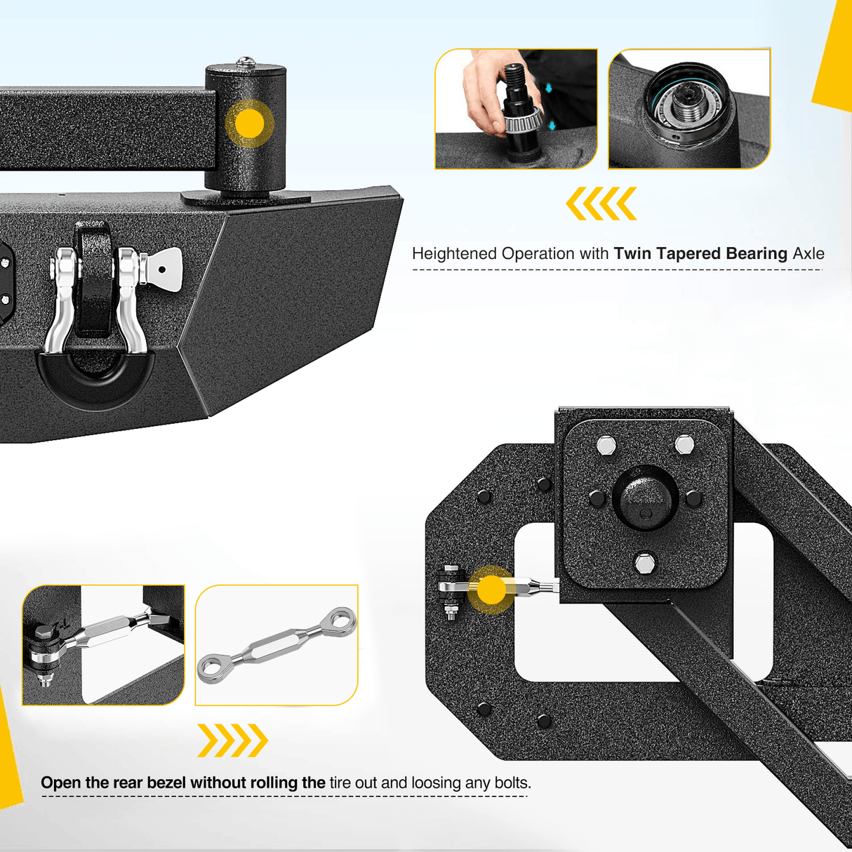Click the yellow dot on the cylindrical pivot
pyautogui.click(x=249, y=124)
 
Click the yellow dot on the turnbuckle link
pyautogui.click(x=491, y=590)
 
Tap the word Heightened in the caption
pyautogui.click(x=454, y=253)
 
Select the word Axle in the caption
pyautogui.click(x=808, y=253)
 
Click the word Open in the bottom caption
pyautogui.click(x=60, y=783)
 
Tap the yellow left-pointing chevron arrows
pyautogui.click(x=601, y=204)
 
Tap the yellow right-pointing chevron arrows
pyautogui.click(x=232, y=740)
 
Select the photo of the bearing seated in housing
pyautogui.click(x=689, y=109)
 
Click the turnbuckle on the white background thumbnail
pyautogui.click(x=277, y=645)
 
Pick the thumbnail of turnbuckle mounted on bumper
pyautogui.click(x=103, y=645)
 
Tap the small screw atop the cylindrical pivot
pyautogui.click(x=245, y=62)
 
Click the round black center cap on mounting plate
pyautogui.click(x=645, y=497)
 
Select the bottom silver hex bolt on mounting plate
pyautogui.click(x=644, y=564)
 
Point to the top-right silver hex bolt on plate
pyautogui.click(x=684, y=444)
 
